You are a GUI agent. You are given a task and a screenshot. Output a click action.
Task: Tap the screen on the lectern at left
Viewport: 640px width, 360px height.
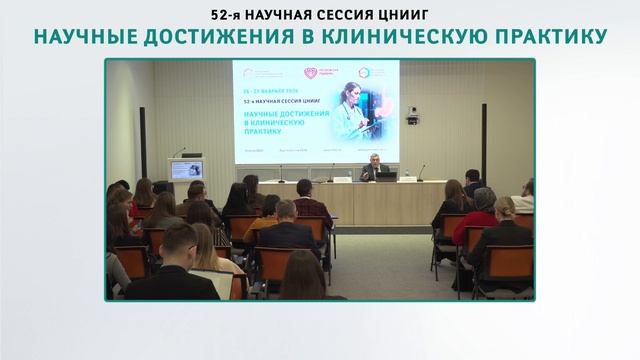pos(187,169)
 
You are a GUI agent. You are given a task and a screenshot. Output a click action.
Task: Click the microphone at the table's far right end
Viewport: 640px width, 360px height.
pos(421,172)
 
